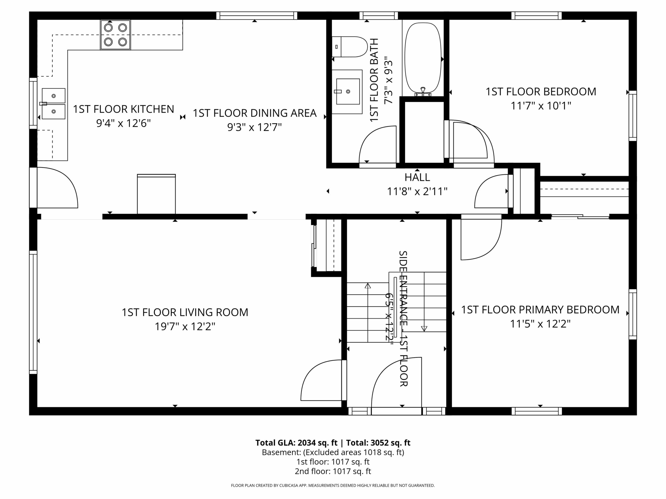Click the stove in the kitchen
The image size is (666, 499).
115,35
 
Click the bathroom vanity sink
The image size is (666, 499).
347,92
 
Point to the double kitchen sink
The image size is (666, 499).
53,104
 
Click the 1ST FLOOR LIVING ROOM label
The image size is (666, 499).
185,312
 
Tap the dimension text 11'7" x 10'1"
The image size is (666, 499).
541,106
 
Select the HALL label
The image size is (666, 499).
417,177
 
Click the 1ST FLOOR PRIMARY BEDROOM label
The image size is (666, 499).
540,310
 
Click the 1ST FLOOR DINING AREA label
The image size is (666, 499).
254,113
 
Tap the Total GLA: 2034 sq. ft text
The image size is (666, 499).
296,443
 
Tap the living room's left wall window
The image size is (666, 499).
33,312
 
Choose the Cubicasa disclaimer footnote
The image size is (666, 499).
333,485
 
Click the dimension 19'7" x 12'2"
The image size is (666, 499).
185,327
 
